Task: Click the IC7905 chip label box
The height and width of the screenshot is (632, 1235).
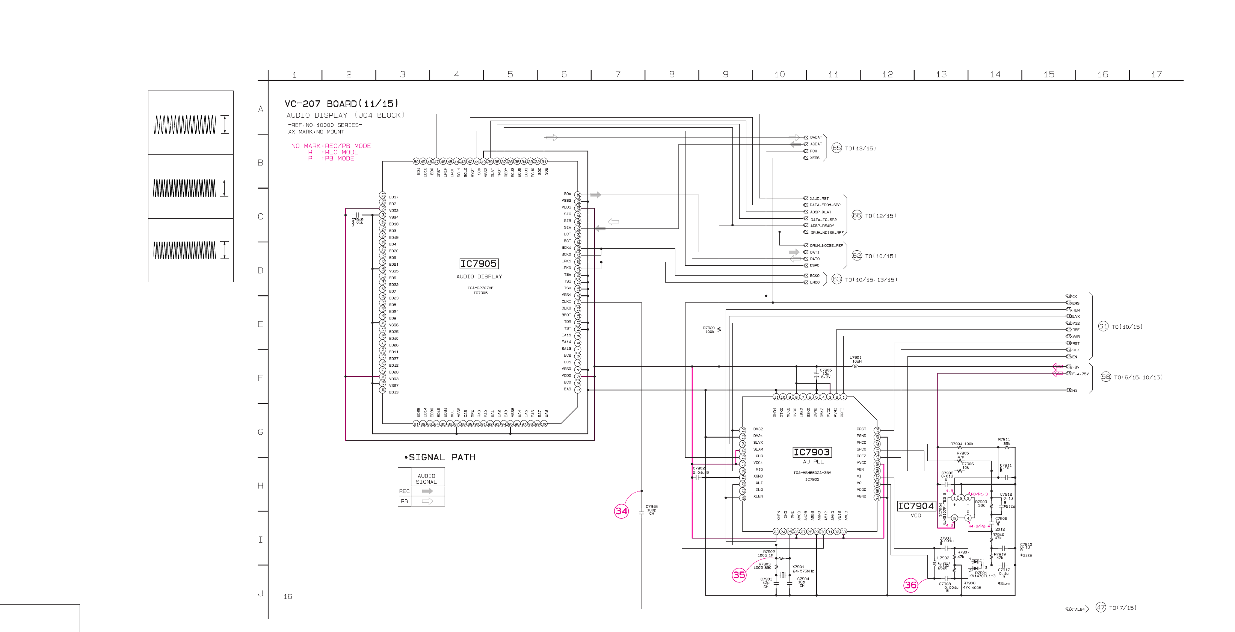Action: pos(479,264)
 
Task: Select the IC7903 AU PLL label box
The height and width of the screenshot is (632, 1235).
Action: pos(811,452)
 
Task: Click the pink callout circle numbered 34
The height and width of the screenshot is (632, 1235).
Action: pos(621,511)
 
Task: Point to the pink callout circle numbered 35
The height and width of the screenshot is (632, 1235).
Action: pos(739,575)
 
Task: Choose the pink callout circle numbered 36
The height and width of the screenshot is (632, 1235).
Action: pos(910,585)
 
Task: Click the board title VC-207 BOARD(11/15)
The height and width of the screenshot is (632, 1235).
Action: pos(341,104)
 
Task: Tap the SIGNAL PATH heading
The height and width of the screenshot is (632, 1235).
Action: pos(439,457)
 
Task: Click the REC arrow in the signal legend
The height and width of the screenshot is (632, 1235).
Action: pos(427,491)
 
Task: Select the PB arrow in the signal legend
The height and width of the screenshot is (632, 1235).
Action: pos(427,501)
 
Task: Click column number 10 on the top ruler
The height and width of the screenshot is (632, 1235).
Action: pos(779,74)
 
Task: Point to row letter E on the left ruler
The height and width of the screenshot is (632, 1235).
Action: pos(260,324)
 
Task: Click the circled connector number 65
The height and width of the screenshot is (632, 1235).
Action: pos(836,148)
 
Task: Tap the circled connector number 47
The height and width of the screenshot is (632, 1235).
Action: pos(1101,608)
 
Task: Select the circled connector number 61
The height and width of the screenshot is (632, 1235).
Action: pos(1103,327)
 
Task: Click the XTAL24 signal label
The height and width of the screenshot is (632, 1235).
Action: pos(1077,609)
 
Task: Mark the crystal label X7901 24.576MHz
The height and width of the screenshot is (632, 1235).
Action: pos(803,569)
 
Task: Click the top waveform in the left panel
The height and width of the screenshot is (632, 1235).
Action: pos(184,124)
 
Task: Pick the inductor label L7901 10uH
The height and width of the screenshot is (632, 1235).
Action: pos(855,360)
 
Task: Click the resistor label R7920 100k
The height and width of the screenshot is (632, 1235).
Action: pos(709,330)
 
